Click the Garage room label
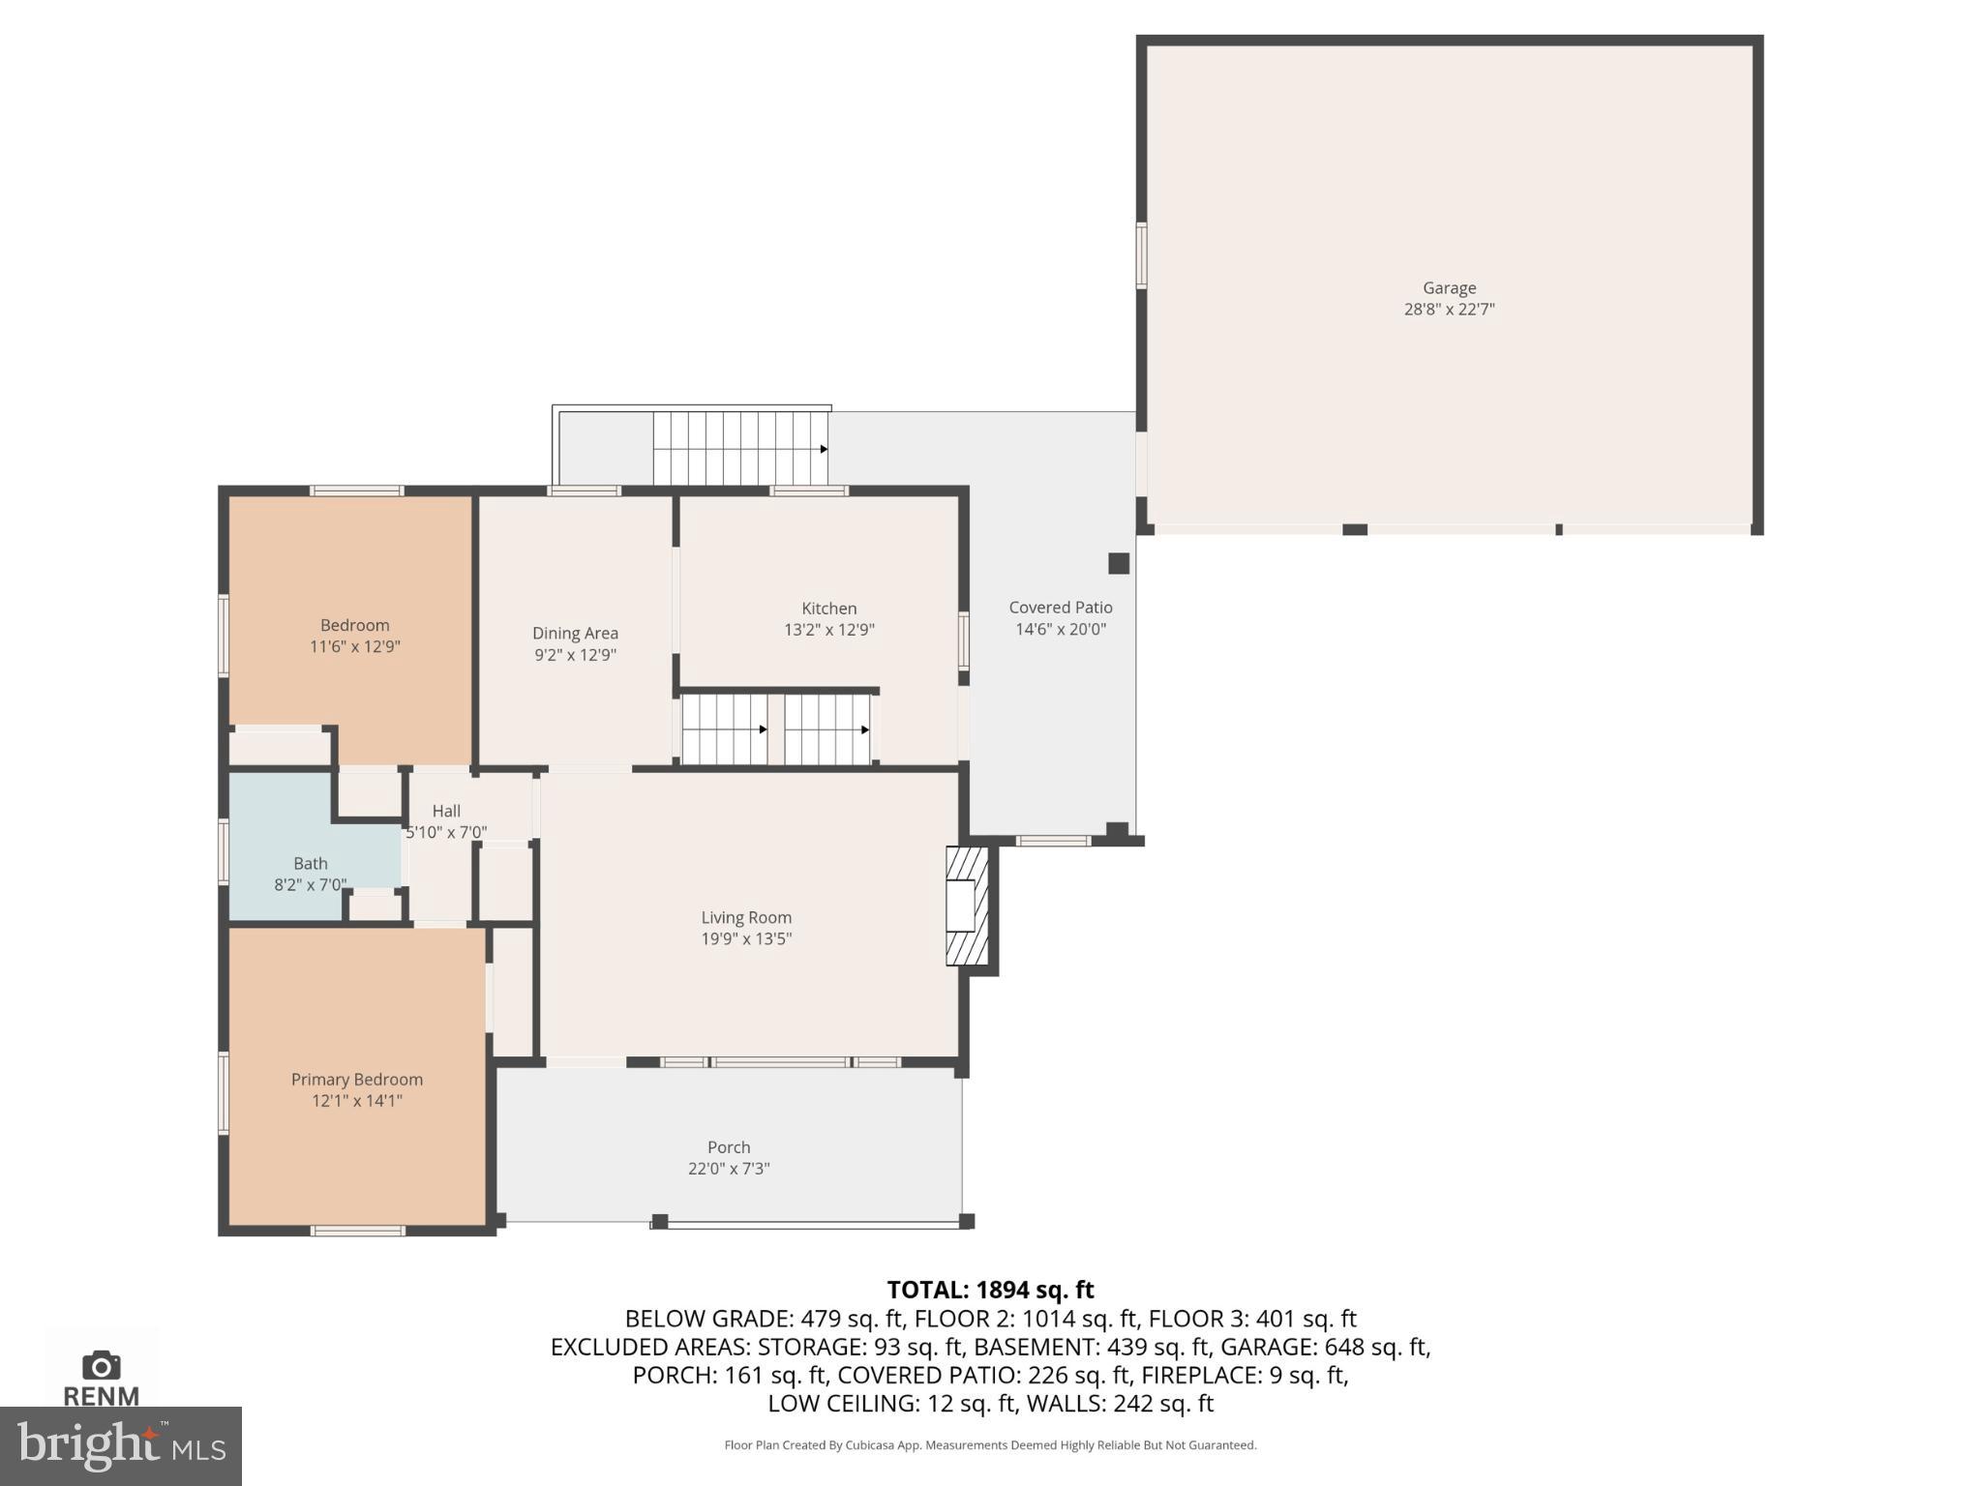1449,287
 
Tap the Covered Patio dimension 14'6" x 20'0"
1060,629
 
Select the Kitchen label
828,608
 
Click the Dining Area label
575,633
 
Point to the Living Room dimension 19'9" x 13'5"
746,938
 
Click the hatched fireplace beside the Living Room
967,906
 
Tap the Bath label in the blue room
311,863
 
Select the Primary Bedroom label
356,1079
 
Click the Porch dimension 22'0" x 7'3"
729,1169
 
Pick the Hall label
446,811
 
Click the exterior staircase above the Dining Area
739,448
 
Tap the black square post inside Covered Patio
1119,563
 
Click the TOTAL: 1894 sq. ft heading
990,1290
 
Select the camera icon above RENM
102,1366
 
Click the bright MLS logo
120,1446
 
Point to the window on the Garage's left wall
1141,255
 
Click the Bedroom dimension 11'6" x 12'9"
355,646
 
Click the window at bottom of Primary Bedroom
357,1231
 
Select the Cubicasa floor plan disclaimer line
990,1445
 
